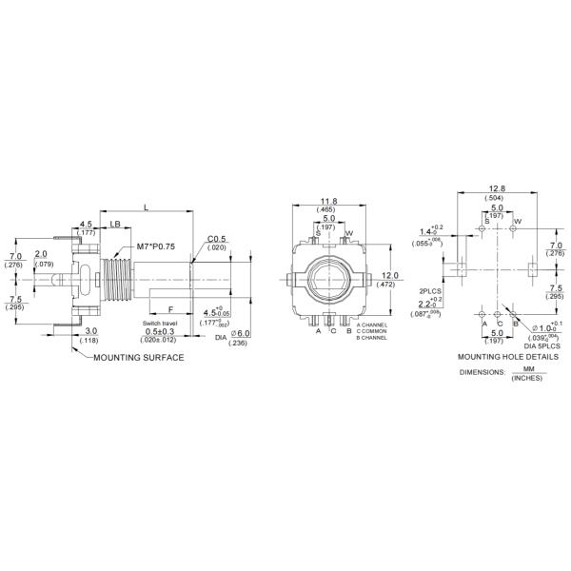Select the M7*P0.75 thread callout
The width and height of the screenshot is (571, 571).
[x=155, y=246]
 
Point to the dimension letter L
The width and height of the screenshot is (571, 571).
[x=145, y=206]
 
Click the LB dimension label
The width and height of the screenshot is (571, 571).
[x=114, y=225]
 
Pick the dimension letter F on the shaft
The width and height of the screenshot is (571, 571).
[x=169, y=309]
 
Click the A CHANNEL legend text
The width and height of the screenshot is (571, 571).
[x=372, y=325]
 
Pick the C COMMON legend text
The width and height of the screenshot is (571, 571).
[x=372, y=332]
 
